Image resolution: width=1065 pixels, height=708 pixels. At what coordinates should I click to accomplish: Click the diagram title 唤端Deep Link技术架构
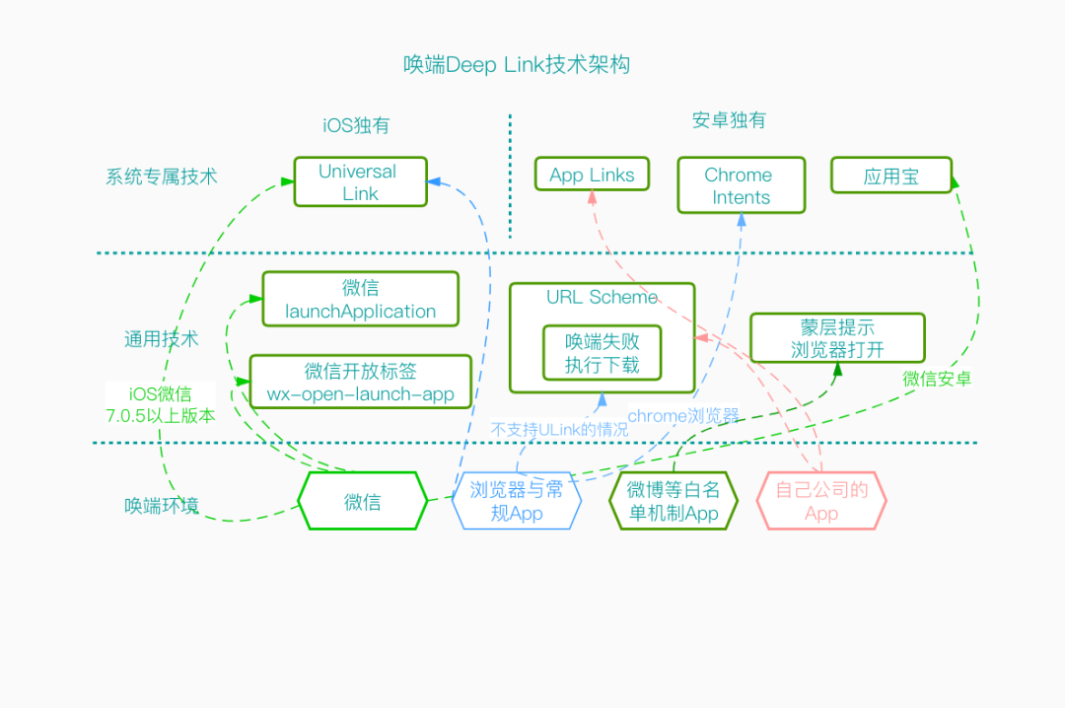coord(517,65)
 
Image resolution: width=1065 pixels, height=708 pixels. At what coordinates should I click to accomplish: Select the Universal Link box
coord(360,182)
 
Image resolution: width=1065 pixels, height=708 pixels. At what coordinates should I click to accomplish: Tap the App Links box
coord(592,175)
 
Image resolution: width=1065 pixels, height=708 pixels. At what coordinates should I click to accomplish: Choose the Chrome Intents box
coord(740,185)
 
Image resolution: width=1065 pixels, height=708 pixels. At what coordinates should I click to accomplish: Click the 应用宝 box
coord(890,177)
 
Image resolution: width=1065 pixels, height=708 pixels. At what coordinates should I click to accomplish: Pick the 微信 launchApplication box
coord(360,300)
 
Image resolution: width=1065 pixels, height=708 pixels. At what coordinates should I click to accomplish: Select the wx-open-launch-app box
coord(360,383)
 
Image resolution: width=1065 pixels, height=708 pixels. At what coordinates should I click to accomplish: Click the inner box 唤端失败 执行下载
coord(602,353)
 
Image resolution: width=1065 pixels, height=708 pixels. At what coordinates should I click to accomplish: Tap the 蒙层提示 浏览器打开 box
coord(837,338)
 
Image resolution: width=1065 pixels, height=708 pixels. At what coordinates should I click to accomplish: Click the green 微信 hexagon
coord(362,502)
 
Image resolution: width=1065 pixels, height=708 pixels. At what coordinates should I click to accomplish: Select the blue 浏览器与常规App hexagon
coord(516,502)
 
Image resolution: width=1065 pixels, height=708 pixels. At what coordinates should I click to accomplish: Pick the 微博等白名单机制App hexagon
coord(674,502)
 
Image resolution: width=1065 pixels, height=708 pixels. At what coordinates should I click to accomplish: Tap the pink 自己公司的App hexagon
coord(820,502)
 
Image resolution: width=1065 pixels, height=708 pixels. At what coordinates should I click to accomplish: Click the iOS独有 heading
coord(356,125)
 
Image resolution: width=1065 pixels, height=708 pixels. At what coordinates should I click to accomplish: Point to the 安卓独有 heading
coord(729,120)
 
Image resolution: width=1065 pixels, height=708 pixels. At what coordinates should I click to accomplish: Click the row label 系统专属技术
coord(161,177)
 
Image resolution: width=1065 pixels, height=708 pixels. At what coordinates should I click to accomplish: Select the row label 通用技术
coord(161,339)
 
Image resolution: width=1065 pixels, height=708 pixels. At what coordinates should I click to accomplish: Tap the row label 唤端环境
coord(161,506)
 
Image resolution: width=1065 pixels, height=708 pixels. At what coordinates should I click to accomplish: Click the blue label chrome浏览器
coord(683,415)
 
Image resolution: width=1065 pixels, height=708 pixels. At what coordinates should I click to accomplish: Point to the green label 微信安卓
coord(936,379)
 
